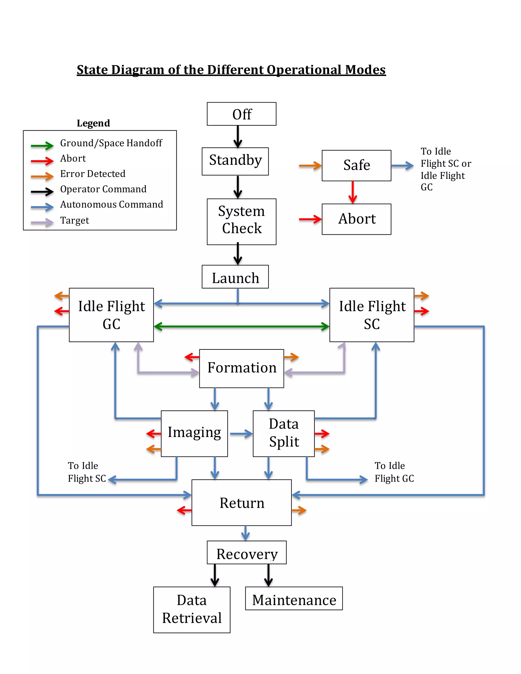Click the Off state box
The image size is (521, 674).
tap(241, 114)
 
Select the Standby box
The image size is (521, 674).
tap(235, 161)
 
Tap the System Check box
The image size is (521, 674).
tap(241, 221)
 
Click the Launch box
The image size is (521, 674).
tap(235, 277)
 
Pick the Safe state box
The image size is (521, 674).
tap(356, 165)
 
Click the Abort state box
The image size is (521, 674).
tap(356, 219)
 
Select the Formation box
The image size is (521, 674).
tap(241, 368)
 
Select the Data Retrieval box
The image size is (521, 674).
tap(192, 609)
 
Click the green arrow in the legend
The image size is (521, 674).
tap(42, 146)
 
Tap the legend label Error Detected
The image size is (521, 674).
tap(93, 174)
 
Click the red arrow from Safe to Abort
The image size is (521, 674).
tap(353, 192)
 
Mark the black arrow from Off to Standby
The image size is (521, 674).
tap(238, 136)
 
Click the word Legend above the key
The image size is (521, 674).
tap(93, 123)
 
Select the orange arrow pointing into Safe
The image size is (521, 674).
tap(310, 166)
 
